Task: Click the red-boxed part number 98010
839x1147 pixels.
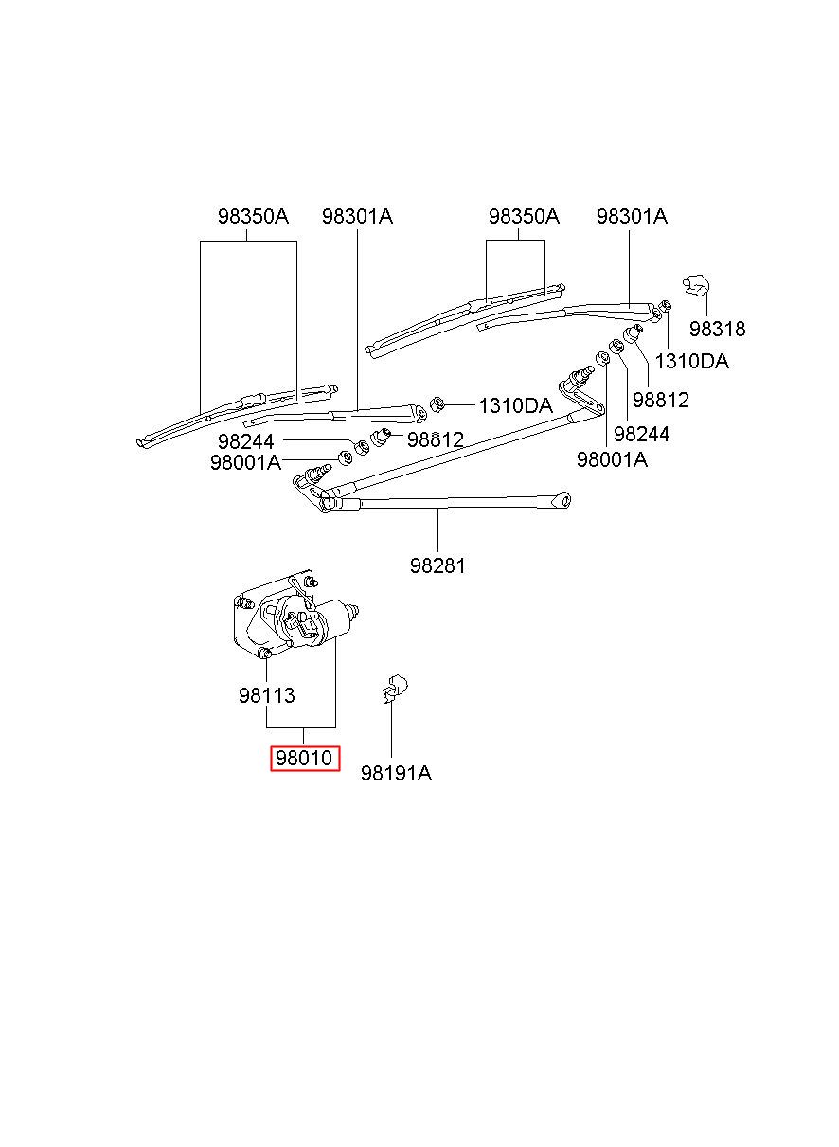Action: [x=304, y=758]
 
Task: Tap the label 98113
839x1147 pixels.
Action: [x=267, y=695]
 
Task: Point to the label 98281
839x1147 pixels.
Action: [x=437, y=565]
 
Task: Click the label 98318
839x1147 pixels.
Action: [x=717, y=329]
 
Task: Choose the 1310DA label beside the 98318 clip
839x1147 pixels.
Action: [x=691, y=362]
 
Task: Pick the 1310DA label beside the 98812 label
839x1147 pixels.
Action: [x=515, y=406]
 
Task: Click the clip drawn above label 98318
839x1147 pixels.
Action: [x=696, y=286]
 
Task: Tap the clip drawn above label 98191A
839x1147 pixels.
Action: [x=395, y=689]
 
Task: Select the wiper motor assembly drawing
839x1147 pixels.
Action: [x=295, y=616]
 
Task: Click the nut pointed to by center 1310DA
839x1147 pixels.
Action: [x=437, y=404]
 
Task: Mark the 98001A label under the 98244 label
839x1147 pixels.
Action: [x=245, y=463]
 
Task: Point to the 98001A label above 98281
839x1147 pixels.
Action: [x=612, y=459]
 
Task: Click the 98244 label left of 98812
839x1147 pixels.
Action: [x=245, y=441]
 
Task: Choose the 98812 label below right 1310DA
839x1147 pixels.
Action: [x=661, y=400]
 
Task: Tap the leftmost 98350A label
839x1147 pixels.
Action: [x=254, y=217]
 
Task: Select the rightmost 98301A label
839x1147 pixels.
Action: [x=632, y=217]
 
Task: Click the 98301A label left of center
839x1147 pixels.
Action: [x=357, y=217]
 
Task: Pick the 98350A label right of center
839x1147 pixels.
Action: [x=524, y=217]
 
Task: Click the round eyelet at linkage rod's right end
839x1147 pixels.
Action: [x=564, y=499]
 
